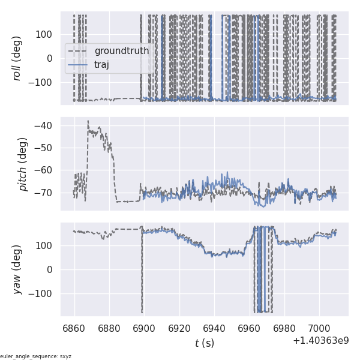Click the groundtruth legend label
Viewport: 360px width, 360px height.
click(122, 51)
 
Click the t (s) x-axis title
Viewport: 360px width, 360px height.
click(205, 343)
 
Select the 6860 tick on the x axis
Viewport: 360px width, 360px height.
click(74, 328)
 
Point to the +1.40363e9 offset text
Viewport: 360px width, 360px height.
click(321, 341)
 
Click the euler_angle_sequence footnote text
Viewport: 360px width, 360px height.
click(36, 356)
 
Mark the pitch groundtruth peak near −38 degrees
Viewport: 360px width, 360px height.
click(88, 121)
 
